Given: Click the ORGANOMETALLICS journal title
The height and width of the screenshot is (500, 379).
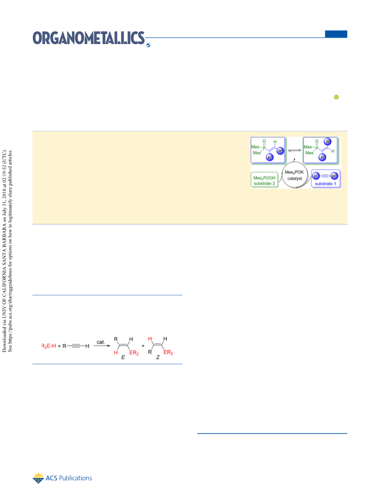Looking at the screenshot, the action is (x=89, y=38).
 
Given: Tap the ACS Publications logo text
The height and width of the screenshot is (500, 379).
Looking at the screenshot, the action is (x=69, y=478).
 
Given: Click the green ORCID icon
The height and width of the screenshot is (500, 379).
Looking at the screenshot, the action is (x=336, y=97).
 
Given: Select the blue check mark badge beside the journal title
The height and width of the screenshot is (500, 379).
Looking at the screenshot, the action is (x=148, y=45).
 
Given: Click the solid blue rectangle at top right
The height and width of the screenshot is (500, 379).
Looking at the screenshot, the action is (x=336, y=34).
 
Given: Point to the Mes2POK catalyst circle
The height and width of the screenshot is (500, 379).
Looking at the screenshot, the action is (x=295, y=175).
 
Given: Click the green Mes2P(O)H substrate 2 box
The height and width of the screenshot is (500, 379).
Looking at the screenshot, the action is (x=264, y=180).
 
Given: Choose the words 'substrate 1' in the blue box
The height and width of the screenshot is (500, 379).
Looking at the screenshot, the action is (x=326, y=184).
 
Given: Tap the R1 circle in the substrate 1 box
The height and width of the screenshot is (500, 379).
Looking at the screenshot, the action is (x=316, y=176).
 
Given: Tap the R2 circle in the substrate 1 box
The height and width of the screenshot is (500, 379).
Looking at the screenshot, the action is (x=334, y=176).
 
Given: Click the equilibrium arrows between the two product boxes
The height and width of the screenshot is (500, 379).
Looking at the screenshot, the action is (x=294, y=150).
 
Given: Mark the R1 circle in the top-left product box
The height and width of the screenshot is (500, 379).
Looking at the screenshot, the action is (x=270, y=157).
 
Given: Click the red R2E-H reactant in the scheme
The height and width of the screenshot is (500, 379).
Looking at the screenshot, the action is (x=49, y=346).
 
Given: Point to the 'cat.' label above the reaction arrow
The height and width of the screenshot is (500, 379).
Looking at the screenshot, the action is (x=101, y=342).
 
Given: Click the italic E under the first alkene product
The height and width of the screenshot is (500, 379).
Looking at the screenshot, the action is (x=123, y=358).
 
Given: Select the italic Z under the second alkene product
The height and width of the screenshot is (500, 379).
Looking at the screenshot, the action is (x=157, y=358).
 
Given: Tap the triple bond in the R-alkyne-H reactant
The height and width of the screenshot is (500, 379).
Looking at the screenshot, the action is (x=76, y=346).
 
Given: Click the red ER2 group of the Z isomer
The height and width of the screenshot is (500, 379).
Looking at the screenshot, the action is (x=168, y=353).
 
